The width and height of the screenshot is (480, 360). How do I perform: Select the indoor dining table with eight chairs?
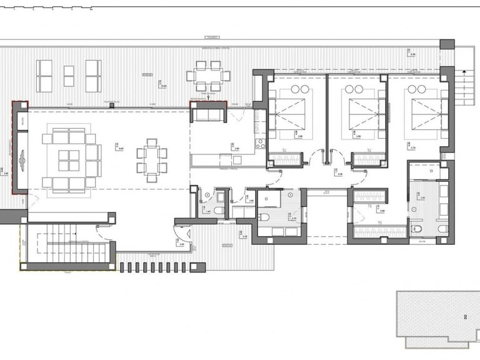pyautogui.click(x=152, y=161)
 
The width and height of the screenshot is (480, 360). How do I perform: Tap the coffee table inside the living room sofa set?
pyautogui.click(x=69, y=161)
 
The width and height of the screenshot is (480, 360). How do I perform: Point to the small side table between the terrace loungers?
pyautogui.click(x=69, y=76)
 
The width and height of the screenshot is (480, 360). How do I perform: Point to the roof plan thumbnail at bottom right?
pyautogui.click(x=437, y=319)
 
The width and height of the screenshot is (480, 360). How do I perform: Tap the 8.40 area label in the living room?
pyautogui.click(x=119, y=148)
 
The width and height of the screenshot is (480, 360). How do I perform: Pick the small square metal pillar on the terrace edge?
pyautogui.click(x=111, y=105)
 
